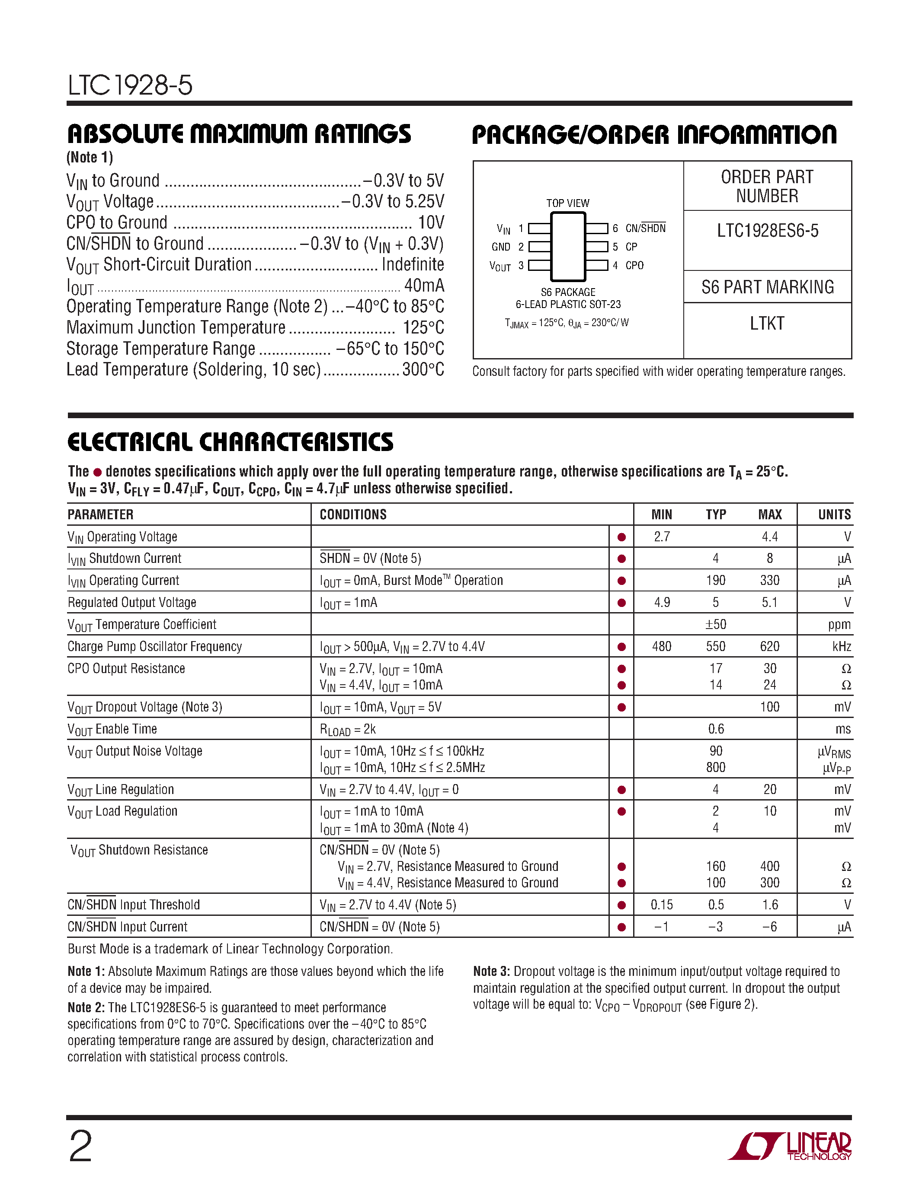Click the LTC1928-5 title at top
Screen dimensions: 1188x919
pos(130,86)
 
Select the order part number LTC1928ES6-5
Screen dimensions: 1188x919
pos(767,231)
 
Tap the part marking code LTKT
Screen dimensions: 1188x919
pos(767,324)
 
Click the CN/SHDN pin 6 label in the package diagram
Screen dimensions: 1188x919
pos(645,229)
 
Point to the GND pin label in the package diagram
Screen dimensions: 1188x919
pos(501,247)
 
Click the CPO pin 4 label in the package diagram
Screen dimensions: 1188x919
pos(634,265)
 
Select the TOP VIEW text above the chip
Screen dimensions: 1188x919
pos(568,203)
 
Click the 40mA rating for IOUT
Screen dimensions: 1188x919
pos(424,286)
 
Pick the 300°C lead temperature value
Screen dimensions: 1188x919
pos(423,370)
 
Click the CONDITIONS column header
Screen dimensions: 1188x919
pos(353,515)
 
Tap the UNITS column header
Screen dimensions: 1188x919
pos(834,515)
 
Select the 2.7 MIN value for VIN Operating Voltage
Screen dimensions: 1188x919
pos(662,537)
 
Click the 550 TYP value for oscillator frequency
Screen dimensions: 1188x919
pos(715,647)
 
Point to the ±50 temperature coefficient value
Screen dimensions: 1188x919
pos(715,625)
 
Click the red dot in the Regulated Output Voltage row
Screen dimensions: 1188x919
pos(621,603)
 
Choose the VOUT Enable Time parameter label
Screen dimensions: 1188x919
pos(112,730)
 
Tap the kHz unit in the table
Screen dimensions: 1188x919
pos(841,647)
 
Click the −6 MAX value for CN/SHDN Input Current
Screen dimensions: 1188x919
pos(769,927)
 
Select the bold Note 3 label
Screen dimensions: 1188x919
pos(491,972)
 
